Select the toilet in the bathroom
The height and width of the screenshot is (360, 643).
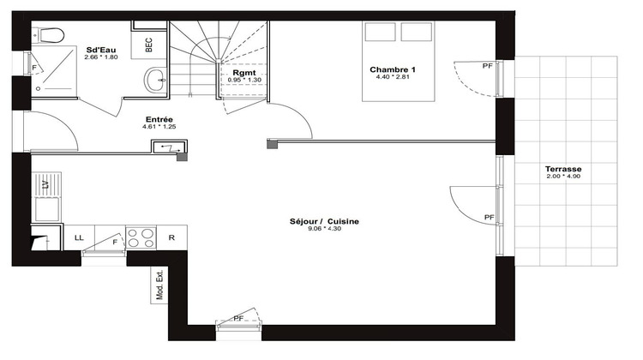pos(50,35)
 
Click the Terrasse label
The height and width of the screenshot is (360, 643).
pos(562,170)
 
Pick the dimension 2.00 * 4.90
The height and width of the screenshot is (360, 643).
pos(562,178)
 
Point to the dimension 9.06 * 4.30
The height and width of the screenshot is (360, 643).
pos(324,231)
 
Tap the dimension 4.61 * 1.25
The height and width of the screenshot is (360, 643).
pos(159,128)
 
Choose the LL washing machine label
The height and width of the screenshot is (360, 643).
pos(79,237)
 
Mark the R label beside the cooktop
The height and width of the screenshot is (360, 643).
pos(171,237)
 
